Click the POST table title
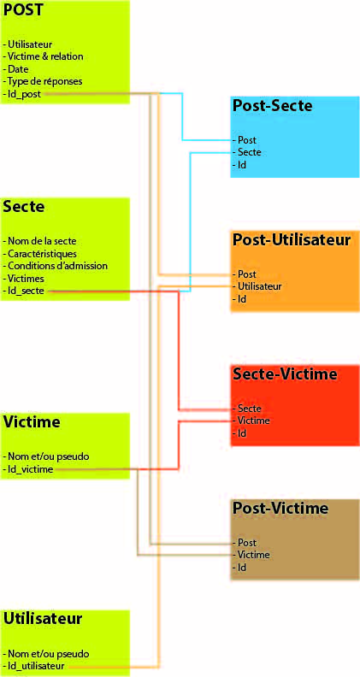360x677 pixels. (23, 10)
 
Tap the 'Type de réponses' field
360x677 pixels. (43, 81)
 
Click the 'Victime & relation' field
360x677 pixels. (43, 56)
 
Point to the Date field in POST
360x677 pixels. (15, 68)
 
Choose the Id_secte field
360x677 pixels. (23, 291)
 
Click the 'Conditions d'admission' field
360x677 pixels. (55, 266)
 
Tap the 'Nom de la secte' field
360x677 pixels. (43, 241)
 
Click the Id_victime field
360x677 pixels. (28, 469)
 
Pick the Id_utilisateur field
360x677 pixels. (33, 665)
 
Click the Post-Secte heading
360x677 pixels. (272, 106)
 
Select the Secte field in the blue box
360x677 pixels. (246, 152)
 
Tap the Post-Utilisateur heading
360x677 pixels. (292, 239)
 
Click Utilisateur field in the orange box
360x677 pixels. (257, 286)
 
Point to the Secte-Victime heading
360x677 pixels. (285, 374)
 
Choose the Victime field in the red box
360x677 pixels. (251, 420)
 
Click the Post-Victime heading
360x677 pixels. (280, 509)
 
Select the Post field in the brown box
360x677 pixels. (245, 542)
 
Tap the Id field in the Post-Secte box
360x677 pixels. (239, 164)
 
